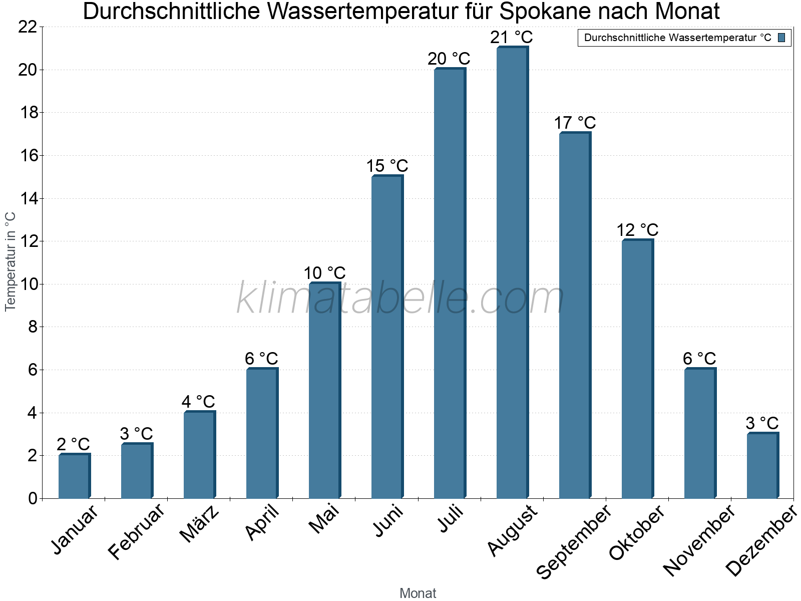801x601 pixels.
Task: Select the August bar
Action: click(512, 273)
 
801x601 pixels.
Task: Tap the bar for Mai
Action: click(324, 391)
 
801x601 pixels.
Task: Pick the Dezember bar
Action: click(762, 465)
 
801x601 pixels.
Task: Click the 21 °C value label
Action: click(512, 38)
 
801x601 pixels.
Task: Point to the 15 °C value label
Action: click(387, 166)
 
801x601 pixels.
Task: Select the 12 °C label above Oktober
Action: click(637, 230)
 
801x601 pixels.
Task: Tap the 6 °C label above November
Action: click(699, 359)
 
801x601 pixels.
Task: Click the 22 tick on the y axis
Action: click(28, 27)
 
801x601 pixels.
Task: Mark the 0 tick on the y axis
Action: click(33, 498)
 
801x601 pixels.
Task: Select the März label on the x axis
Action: click(200, 524)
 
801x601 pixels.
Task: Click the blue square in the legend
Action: click(781, 38)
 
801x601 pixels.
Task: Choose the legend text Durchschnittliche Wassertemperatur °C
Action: click(677, 38)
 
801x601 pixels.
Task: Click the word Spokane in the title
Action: click(554, 12)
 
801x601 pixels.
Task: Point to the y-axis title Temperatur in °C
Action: click(11, 261)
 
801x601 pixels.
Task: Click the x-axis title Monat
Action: click(418, 593)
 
